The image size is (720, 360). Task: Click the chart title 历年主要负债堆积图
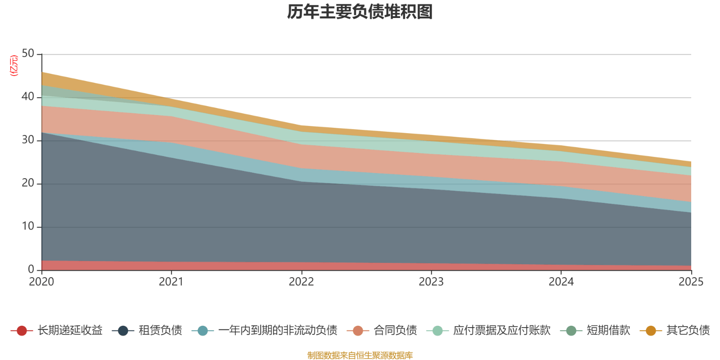click(x=360, y=12)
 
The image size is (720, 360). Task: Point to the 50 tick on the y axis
click(x=28, y=54)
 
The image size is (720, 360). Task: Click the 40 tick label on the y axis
click(x=28, y=97)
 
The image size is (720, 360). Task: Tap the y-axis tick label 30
click(x=28, y=140)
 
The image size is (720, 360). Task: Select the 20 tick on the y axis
click(x=28, y=184)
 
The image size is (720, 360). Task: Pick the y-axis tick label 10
click(x=28, y=227)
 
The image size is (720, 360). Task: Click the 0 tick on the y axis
click(x=31, y=270)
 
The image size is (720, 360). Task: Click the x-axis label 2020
click(x=41, y=282)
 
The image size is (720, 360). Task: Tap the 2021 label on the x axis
click(x=171, y=282)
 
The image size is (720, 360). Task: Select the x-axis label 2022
click(x=301, y=282)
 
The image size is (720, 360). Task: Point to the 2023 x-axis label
click(x=431, y=282)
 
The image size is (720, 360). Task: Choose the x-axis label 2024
click(x=561, y=282)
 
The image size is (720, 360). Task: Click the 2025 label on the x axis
click(x=691, y=282)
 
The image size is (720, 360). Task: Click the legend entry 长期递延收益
click(x=70, y=331)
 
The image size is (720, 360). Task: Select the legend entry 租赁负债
click(x=160, y=331)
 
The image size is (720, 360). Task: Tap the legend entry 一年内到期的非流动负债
click(x=277, y=331)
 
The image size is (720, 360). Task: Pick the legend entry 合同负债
click(x=395, y=331)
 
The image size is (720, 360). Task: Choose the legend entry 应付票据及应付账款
click(x=501, y=331)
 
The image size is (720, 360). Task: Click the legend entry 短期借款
click(x=608, y=331)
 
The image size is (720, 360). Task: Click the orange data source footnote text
click(x=360, y=355)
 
